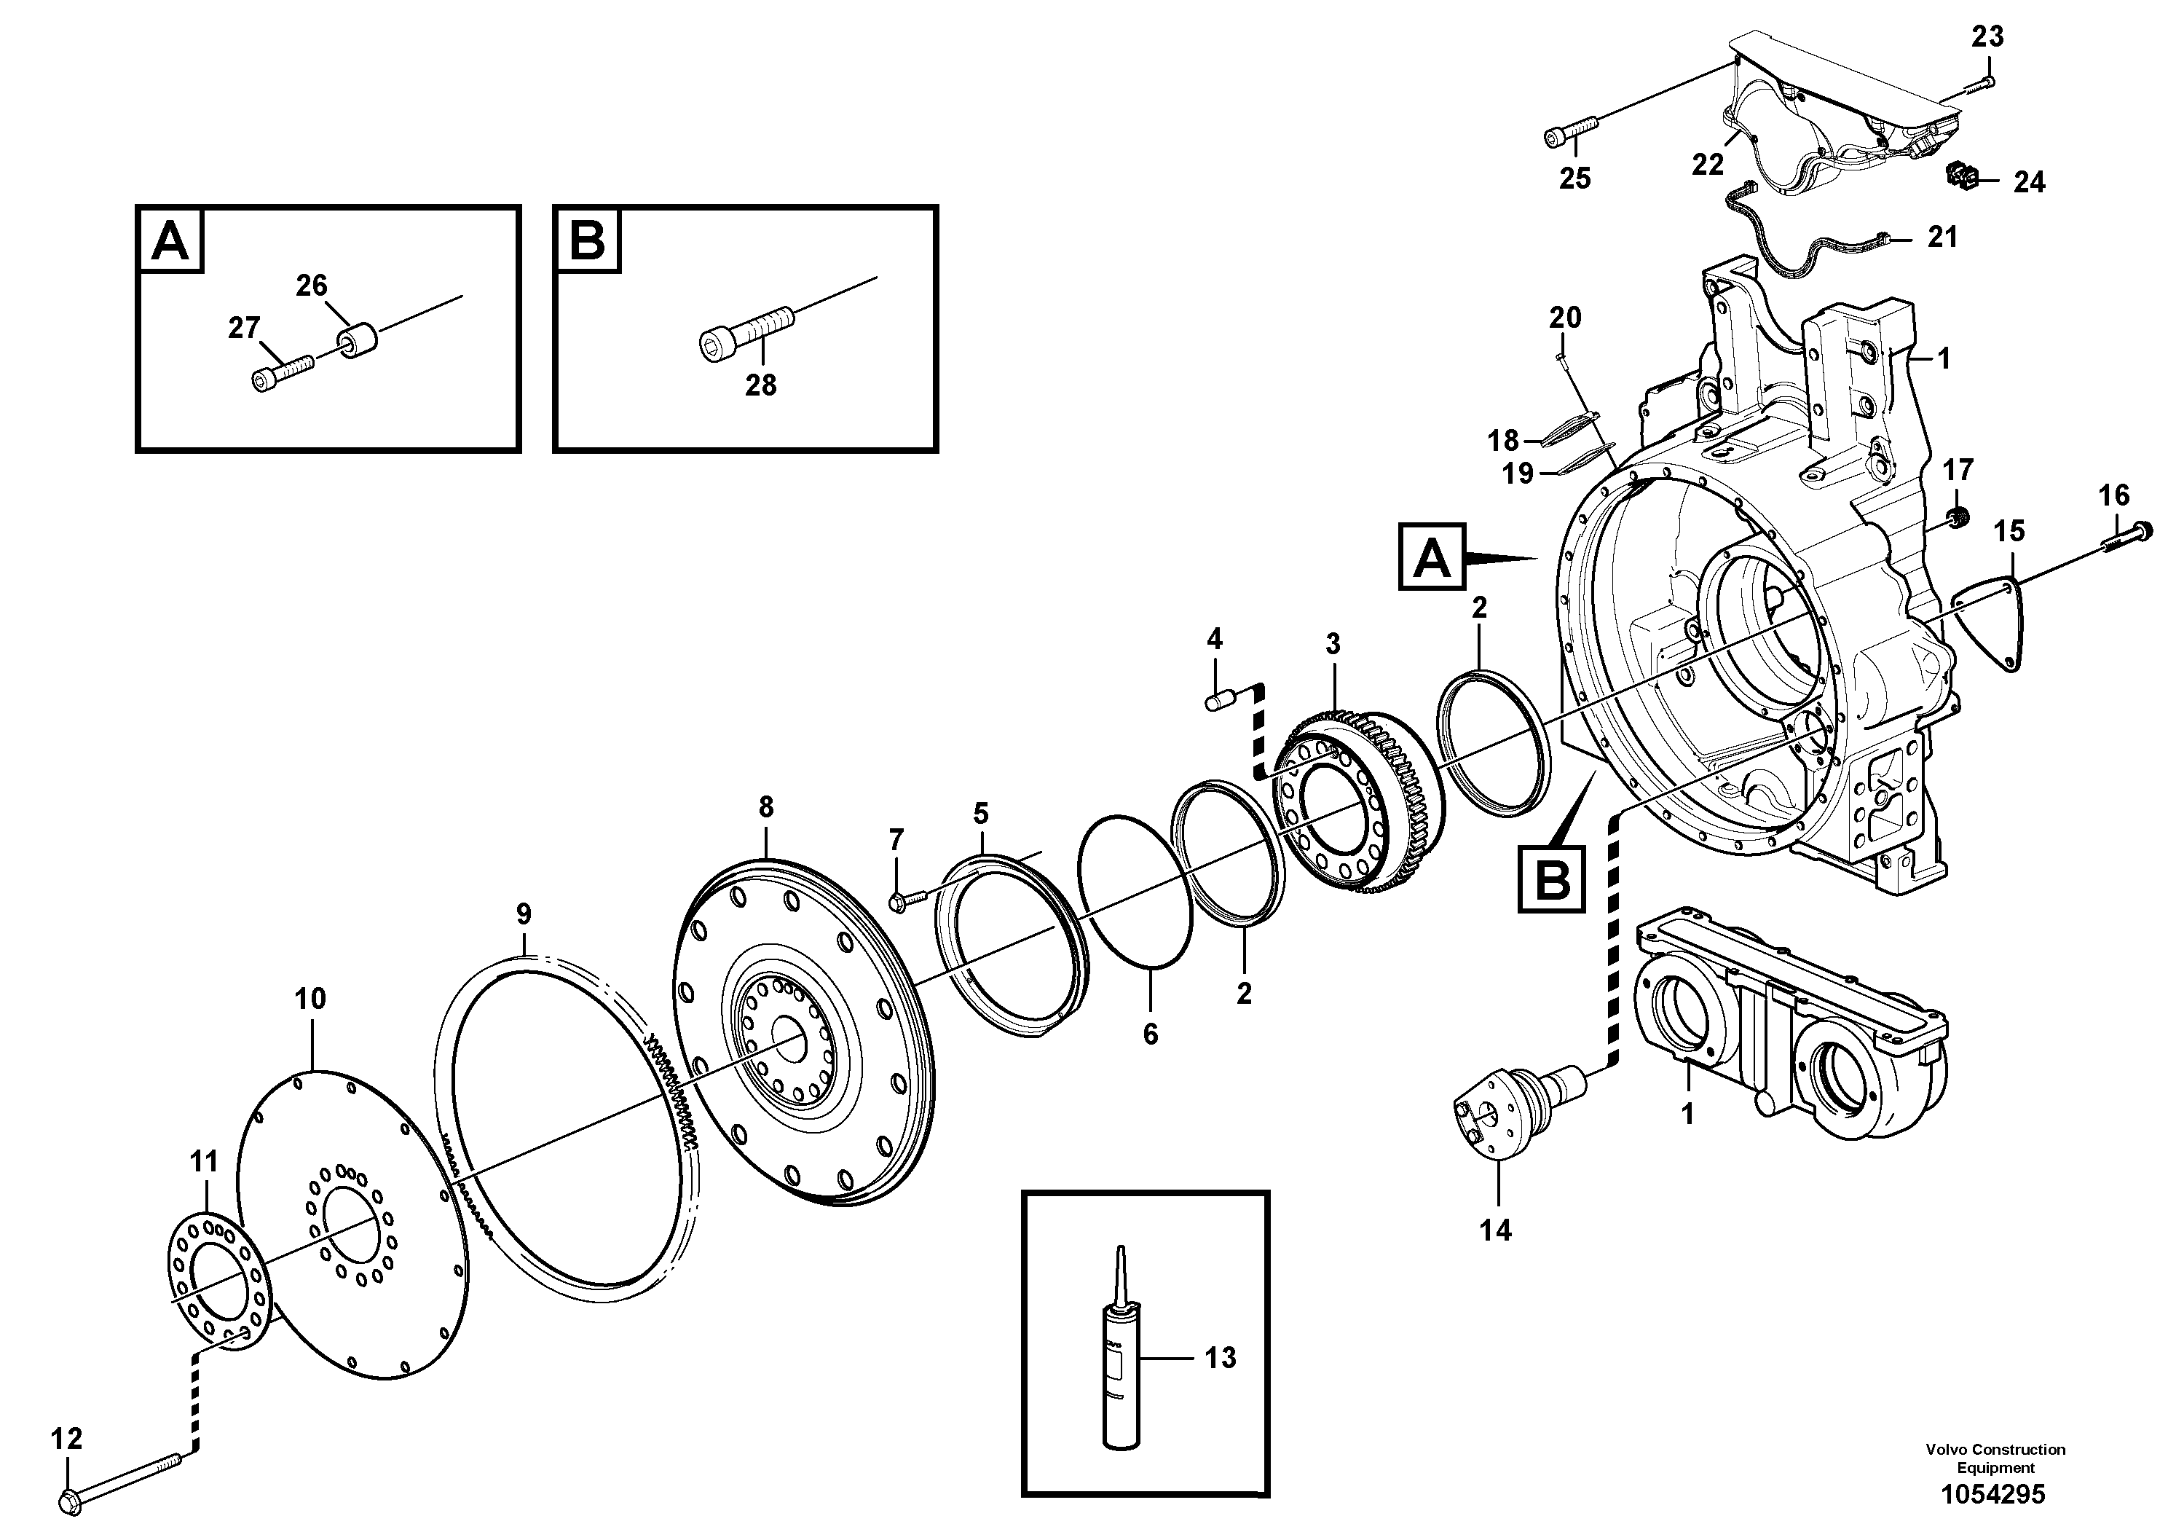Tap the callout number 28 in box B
point(760,385)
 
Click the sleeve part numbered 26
point(358,341)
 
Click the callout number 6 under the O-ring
point(1150,1034)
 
